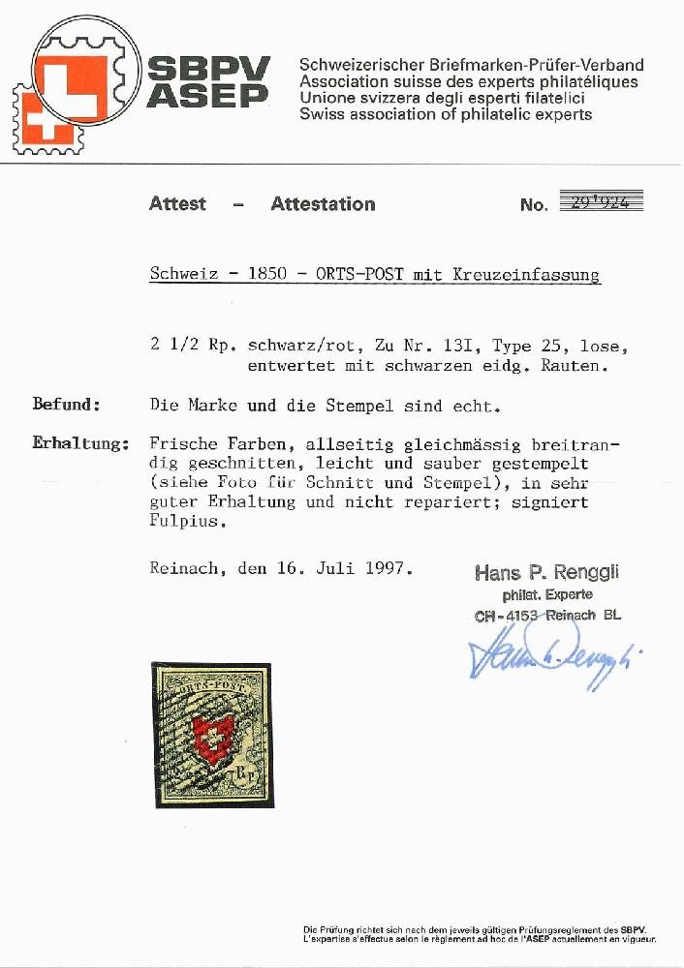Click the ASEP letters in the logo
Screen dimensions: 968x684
point(208,96)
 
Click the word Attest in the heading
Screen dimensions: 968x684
point(177,203)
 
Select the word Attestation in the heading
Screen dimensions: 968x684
point(323,203)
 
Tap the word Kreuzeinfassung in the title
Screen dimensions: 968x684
point(526,274)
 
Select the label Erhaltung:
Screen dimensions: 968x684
point(80,444)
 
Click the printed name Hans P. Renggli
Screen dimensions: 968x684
point(547,573)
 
